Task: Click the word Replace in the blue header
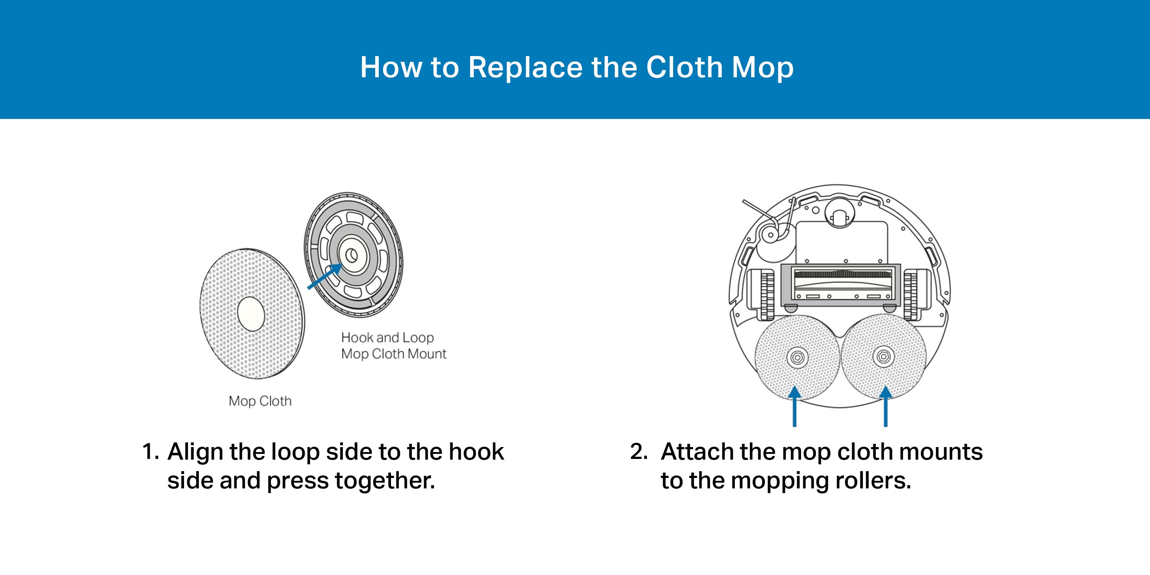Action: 525,68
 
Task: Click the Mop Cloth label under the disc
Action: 260,401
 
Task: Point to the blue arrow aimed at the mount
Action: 325,276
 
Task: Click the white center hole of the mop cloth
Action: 251,314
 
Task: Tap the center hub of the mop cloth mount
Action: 352,256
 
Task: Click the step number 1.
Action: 149,451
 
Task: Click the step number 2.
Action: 639,451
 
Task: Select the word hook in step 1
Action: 476,451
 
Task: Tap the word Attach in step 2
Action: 697,451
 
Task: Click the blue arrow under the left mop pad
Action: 794,406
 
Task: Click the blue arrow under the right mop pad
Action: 885,406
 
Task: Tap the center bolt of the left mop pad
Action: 797,358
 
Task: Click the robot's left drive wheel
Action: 767,295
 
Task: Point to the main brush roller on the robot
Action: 841,274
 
